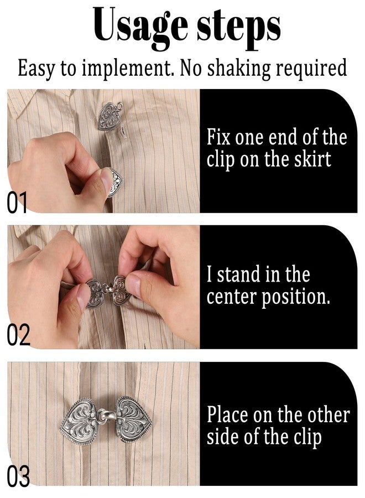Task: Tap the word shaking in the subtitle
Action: (x=244, y=68)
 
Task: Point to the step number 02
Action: (x=18, y=336)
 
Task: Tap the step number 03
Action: (x=18, y=477)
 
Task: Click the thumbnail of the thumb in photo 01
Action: (x=106, y=181)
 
